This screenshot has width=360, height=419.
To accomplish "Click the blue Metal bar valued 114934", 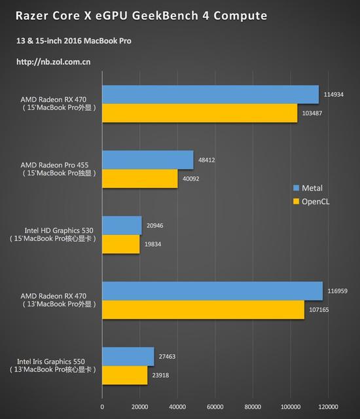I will (209, 95).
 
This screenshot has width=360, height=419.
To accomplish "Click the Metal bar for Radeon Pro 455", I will (147, 160).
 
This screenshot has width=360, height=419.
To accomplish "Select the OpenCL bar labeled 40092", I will (139, 179).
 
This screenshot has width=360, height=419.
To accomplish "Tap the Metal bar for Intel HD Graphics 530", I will (121, 225).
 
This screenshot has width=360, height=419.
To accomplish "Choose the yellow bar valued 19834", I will (120, 244).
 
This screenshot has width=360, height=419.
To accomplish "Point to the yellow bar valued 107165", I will (202, 310).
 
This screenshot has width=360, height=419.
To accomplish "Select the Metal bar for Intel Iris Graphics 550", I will (128, 356).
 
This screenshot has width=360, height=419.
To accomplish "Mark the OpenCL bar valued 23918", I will (124, 375).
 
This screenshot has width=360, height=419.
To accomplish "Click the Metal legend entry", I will (308, 189).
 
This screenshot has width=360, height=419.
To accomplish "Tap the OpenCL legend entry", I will (311, 202).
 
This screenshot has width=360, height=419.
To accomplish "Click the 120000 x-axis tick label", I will (327, 407).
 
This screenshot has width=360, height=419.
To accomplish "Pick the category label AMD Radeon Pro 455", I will (58, 165).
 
